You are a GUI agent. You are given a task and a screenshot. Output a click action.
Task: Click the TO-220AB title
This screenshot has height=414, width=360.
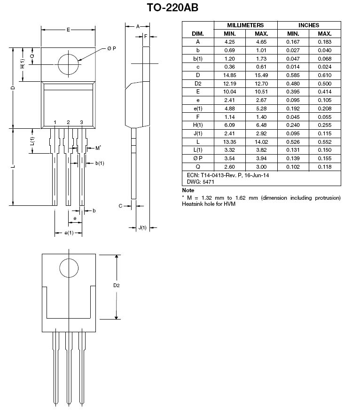tap(172, 8)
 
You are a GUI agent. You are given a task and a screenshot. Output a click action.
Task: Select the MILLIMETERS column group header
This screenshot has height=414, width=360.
tap(245, 25)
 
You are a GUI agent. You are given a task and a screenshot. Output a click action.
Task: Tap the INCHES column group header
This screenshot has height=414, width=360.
tap(309, 25)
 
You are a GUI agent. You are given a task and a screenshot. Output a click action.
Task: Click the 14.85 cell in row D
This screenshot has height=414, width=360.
tap(229, 75)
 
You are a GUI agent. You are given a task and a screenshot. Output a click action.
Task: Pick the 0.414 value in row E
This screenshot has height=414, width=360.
tap(325, 92)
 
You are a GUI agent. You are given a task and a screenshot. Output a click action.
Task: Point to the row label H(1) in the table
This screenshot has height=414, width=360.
tap(198, 125)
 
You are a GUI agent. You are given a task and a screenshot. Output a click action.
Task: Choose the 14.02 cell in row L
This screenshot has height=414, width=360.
tap(261, 142)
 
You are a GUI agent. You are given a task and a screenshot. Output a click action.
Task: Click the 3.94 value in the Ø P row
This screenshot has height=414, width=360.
tap(261, 158)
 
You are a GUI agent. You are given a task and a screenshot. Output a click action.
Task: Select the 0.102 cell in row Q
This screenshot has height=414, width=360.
tap(293, 167)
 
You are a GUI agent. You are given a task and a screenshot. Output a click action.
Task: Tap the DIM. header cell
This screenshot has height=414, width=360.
tap(198, 34)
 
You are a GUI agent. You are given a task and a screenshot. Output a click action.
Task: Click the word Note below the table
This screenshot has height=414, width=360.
tap(188, 190)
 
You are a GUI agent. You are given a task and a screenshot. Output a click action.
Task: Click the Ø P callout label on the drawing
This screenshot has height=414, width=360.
tap(112, 48)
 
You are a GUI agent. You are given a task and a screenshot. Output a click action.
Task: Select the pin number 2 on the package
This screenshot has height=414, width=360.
tap(68, 122)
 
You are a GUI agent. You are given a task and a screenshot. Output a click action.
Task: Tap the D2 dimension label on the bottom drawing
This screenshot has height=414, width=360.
tap(117, 285)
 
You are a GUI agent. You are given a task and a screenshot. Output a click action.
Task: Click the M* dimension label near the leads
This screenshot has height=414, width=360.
tap(98, 148)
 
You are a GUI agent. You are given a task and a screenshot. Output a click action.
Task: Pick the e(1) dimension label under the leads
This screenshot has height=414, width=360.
tap(69, 233)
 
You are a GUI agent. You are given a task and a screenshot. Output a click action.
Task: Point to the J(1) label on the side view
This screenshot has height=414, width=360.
tap(142, 227)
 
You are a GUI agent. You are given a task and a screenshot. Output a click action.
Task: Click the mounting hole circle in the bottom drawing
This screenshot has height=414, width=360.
tap(69, 259)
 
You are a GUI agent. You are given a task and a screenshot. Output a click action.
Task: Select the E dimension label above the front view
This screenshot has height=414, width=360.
tap(68, 30)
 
